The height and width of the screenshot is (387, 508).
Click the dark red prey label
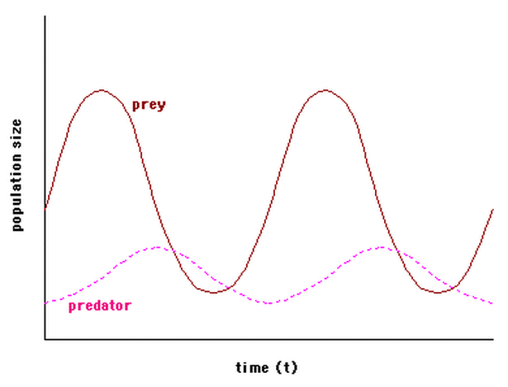pyautogui.click(x=149, y=105)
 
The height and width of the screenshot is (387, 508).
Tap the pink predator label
pyautogui.click(x=99, y=305)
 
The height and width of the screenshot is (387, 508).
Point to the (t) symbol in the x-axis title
pyautogui.click(x=287, y=366)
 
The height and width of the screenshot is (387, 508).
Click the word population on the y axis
pyautogui.click(x=17, y=189)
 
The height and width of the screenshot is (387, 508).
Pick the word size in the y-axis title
pyautogui.click(x=17, y=133)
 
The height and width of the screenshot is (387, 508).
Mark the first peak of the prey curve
pyautogui.click(x=101, y=89)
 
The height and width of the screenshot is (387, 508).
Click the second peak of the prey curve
pyautogui.click(x=325, y=89)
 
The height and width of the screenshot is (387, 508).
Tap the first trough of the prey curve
pyautogui.click(x=214, y=292)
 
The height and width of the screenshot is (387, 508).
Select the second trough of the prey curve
pyautogui.click(x=439, y=292)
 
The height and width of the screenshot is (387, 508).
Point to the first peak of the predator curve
pyautogui.click(x=157, y=247)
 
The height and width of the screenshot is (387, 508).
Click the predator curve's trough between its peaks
pyautogui.click(x=268, y=303)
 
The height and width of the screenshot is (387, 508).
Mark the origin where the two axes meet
pyautogui.click(x=45, y=339)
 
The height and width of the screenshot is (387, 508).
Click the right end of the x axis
pyautogui.click(x=493, y=339)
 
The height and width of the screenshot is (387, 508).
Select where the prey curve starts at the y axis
pyautogui.click(x=45, y=208)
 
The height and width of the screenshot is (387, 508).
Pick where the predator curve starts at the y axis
pyautogui.click(x=45, y=303)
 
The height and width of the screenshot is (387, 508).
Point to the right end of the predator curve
pyautogui.click(x=493, y=303)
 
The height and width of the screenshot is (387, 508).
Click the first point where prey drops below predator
pyautogui.click(x=171, y=249)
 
